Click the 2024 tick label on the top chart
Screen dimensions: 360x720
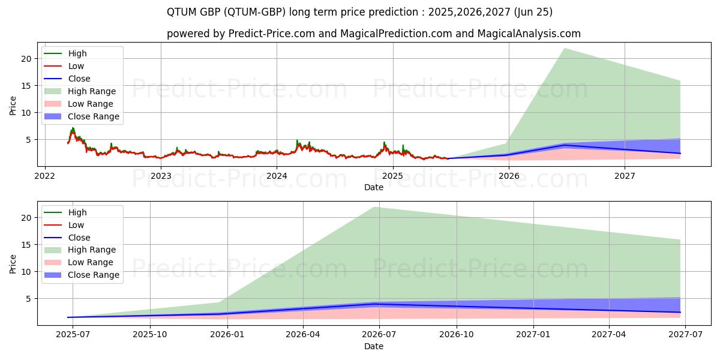(x=277, y=176)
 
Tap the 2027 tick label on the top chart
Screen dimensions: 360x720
(x=625, y=176)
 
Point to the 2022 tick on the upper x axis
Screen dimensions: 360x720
(x=45, y=176)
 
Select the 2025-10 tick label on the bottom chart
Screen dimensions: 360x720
(x=150, y=335)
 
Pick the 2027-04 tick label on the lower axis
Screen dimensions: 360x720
(x=609, y=335)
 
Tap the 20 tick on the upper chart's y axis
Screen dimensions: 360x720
(x=26, y=59)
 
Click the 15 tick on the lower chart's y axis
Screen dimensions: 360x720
(x=26, y=245)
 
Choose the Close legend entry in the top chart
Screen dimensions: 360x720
(x=79, y=79)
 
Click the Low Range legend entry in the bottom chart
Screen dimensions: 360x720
(x=91, y=263)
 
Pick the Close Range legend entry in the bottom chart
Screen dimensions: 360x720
(x=93, y=275)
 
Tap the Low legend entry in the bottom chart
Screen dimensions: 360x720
(x=76, y=225)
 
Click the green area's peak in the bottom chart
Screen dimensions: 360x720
(x=374, y=208)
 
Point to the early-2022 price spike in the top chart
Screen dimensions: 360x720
(x=73, y=128)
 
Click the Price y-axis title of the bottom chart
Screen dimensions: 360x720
(x=13, y=263)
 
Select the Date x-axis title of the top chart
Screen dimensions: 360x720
(x=373, y=187)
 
